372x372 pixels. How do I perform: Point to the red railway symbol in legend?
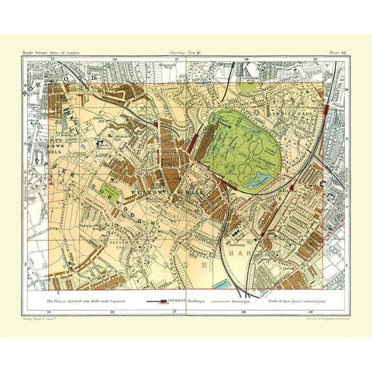pyautogui.click(x=159, y=298)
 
